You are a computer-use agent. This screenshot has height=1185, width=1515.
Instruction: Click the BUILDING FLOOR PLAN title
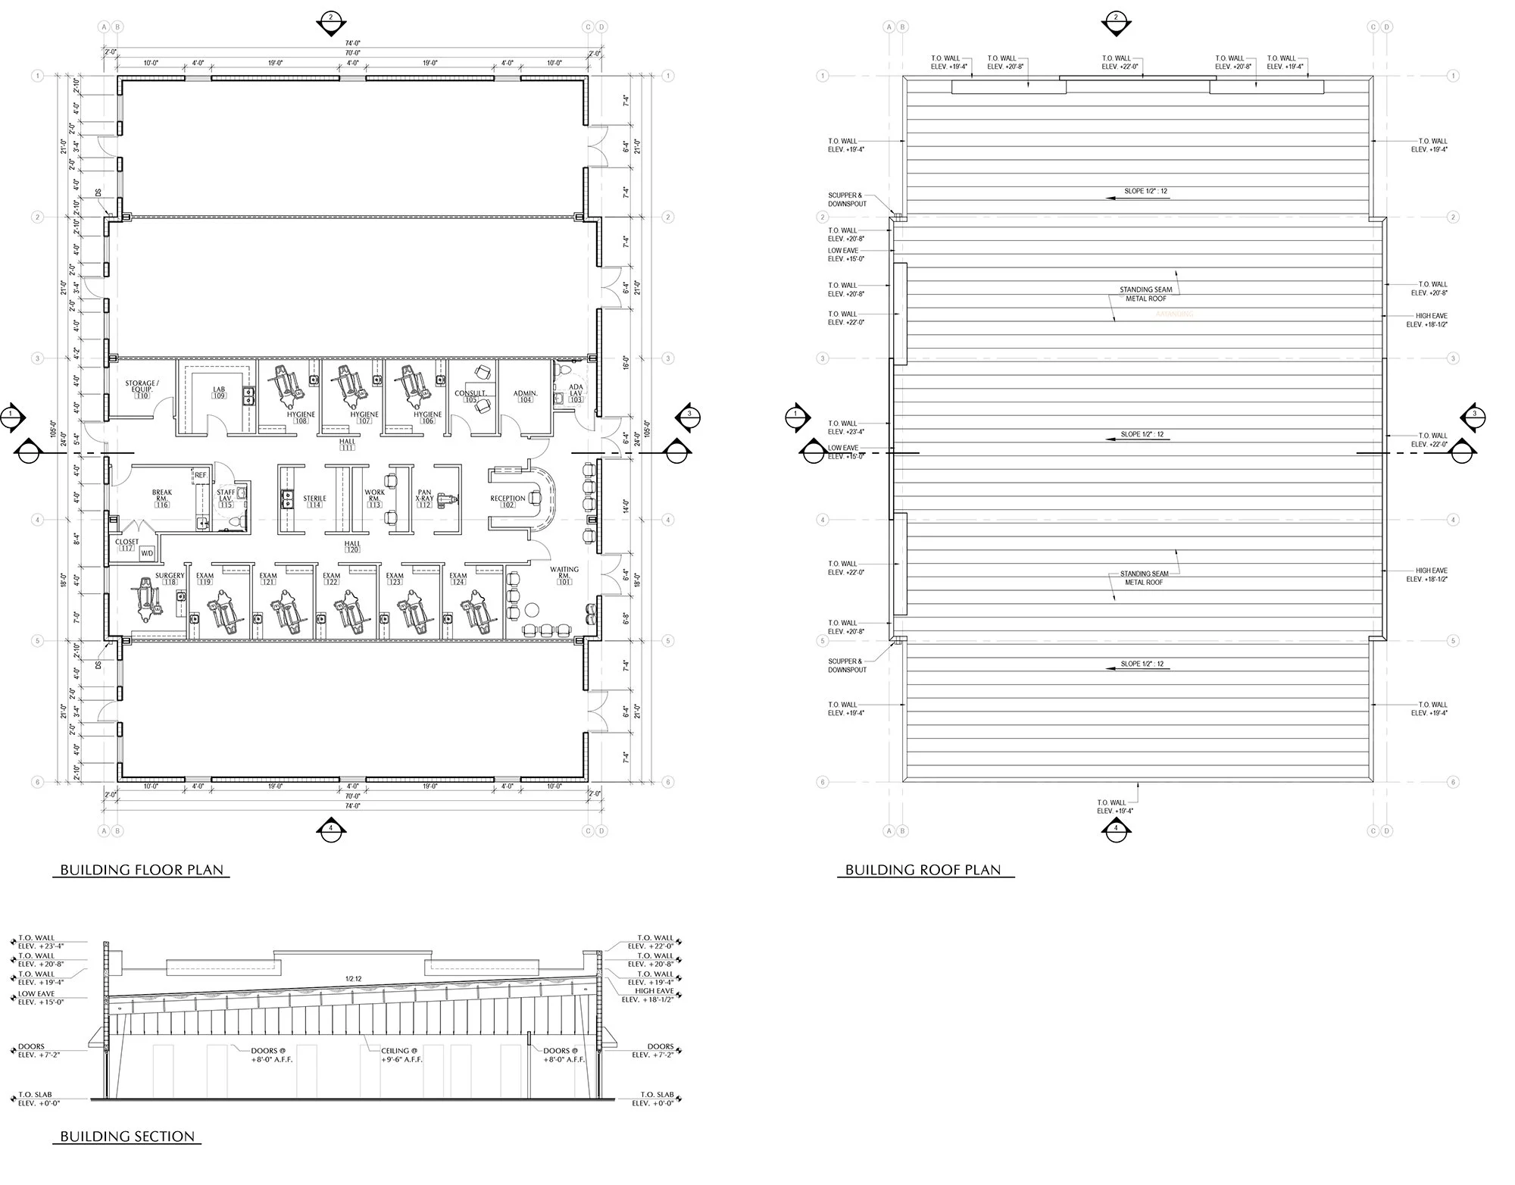[x=142, y=870]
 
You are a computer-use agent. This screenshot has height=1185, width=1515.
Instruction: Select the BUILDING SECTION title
[x=127, y=1137]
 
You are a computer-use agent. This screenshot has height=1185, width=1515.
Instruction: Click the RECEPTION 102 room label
[x=508, y=501]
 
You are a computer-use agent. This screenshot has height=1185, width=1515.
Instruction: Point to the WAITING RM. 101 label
[x=564, y=575]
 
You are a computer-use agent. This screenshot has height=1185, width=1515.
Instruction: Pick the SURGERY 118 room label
[x=170, y=579]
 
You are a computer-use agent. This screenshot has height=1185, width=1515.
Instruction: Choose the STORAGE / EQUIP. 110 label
[x=142, y=389]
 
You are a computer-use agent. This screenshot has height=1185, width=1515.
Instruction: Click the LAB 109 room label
[x=219, y=392]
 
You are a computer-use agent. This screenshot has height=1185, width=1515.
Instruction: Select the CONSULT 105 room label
[x=470, y=396]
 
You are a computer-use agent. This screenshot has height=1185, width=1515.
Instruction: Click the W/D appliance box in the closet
[x=147, y=554]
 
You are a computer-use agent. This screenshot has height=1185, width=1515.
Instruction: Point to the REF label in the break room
[x=200, y=475]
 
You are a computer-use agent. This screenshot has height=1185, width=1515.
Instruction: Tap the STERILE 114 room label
[x=314, y=501]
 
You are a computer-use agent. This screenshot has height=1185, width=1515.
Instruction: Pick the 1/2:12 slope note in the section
[x=353, y=979]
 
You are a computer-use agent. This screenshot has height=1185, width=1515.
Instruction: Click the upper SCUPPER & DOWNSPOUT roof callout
[x=845, y=199]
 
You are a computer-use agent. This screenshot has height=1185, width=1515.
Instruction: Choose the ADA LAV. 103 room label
[x=576, y=395]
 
